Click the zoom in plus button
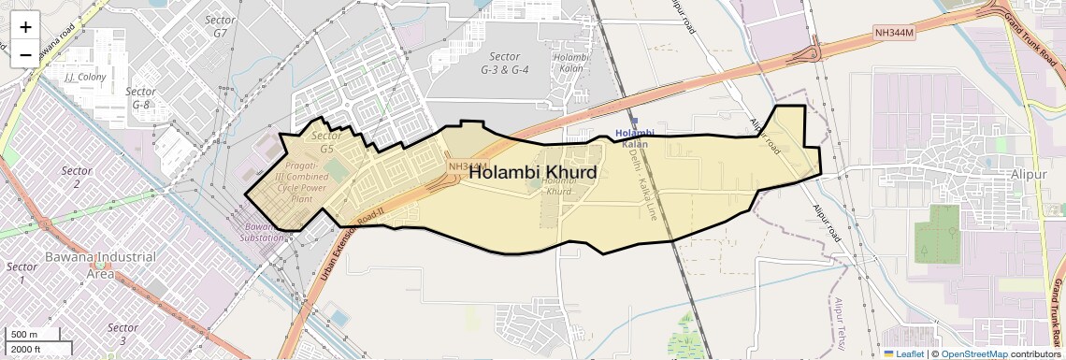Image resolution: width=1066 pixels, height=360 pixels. pyautogui.click(x=25, y=26)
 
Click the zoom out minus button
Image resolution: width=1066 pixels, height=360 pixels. pyautogui.click(x=25, y=54)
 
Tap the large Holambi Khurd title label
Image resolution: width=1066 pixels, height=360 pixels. pyautogui.click(x=532, y=172)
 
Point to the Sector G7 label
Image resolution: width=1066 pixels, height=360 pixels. pyautogui.click(x=221, y=25)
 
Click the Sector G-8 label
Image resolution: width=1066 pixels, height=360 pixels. pyautogui.click(x=140, y=98)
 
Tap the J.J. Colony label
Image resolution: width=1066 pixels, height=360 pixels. pyautogui.click(x=85, y=77)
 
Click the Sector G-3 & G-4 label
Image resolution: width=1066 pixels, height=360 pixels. pyautogui.click(x=505, y=63)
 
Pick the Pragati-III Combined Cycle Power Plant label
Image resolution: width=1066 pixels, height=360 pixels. pyautogui.click(x=301, y=181)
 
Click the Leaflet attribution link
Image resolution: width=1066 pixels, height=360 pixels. pyautogui.click(x=904, y=353)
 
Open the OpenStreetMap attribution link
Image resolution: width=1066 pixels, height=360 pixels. pyautogui.click(x=973, y=353)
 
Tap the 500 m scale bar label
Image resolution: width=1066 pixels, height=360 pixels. pyautogui.click(x=24, y=334)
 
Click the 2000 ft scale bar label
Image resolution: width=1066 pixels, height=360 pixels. pyautogui.click(x=27, y=349)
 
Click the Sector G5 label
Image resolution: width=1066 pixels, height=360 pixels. pyautogui.click(x=326, y=142)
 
